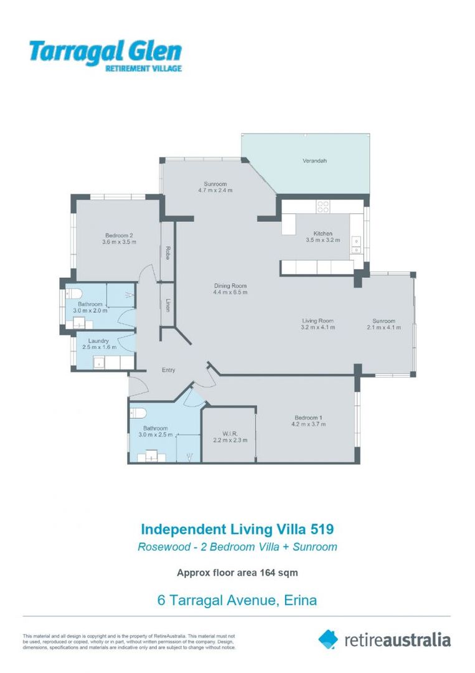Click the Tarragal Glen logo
pyautogui.click(x=105, y=54)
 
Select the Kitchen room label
pyautogui.click(x=322, y=234)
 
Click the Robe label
pyautogui.click(x=168, y=252)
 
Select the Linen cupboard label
pyautogui.click(x=168, y=305)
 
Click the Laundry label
pyautogui.click(x=99, y=341)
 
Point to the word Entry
pyautogui.click(x=169, y=370)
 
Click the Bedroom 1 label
pyautogui.click(x=308, y=418)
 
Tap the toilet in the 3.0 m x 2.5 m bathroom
pyautogui.click(x=138, y=412)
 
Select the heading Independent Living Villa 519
pyautogui.click(x=237, y=530)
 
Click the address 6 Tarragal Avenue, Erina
pyautogui.click(x=237, y=601)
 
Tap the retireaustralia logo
pyautogui.click(x=384, y=639)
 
